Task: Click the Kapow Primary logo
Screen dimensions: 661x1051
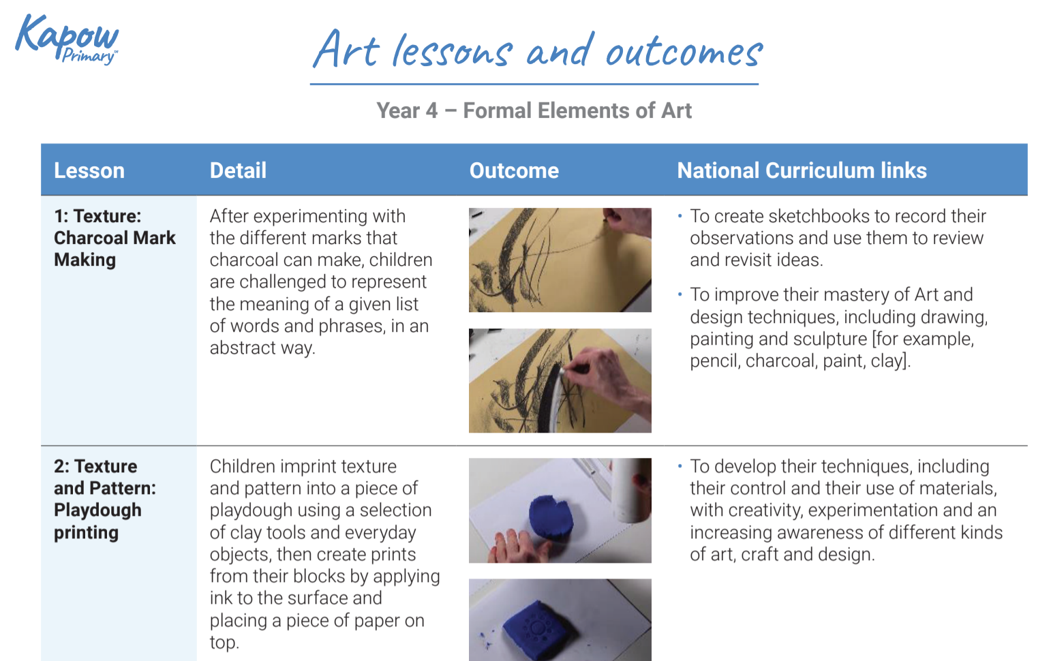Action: point(67,40)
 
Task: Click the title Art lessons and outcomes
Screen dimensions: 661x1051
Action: point(537,50)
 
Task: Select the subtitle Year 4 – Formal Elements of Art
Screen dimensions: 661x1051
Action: point(534,110)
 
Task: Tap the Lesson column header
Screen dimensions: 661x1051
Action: point(89,170)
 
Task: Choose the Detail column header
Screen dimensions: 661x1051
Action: point(238,170)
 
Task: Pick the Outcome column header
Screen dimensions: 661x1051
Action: point(514,170)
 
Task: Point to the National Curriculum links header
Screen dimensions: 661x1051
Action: point(802,170)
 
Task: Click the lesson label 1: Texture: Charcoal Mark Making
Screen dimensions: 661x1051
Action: point(115,238)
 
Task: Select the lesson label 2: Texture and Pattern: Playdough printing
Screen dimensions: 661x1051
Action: point(105,499)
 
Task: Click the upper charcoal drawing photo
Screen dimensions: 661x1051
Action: point(560,260)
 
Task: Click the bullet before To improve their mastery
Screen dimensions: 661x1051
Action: point(680,294)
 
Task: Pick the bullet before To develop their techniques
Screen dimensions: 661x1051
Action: point(680,466)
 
